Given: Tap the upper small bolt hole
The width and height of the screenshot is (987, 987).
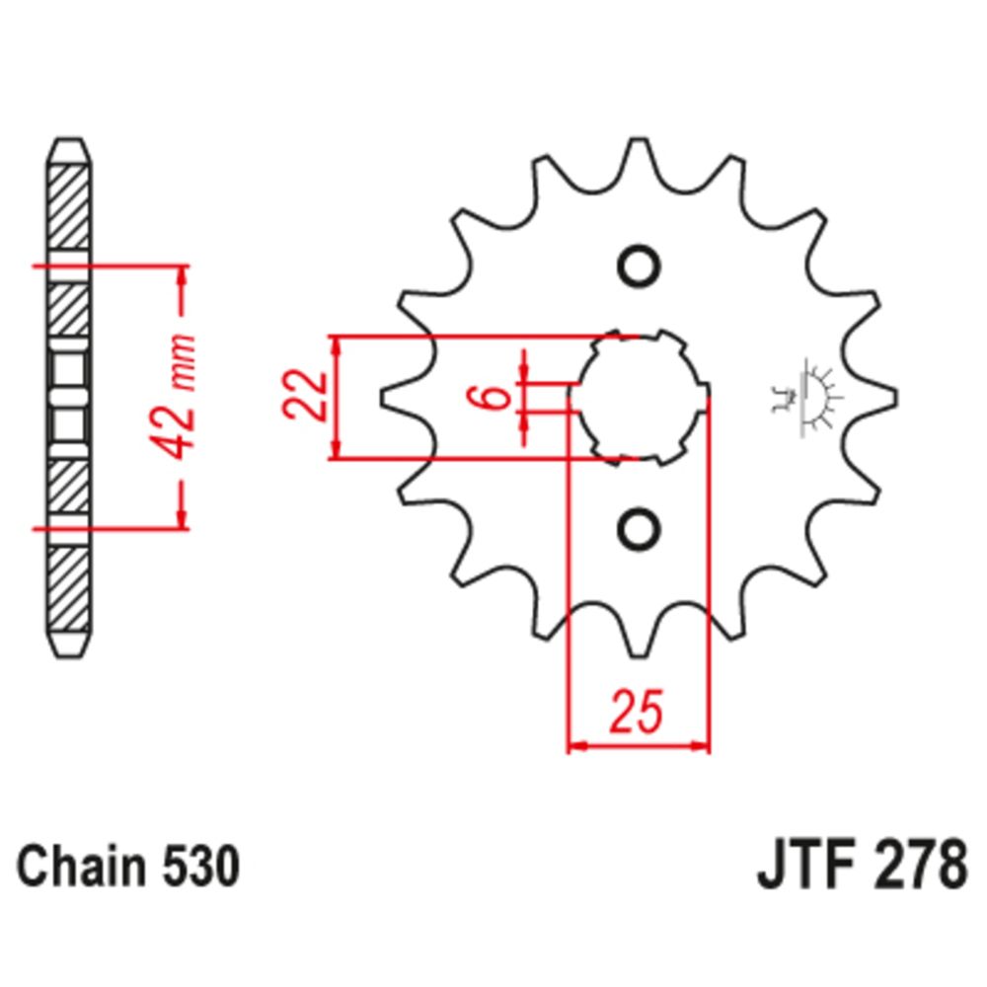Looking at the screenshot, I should [x=638, y=266].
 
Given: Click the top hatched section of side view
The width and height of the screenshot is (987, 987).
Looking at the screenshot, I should [x=68, y=207].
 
